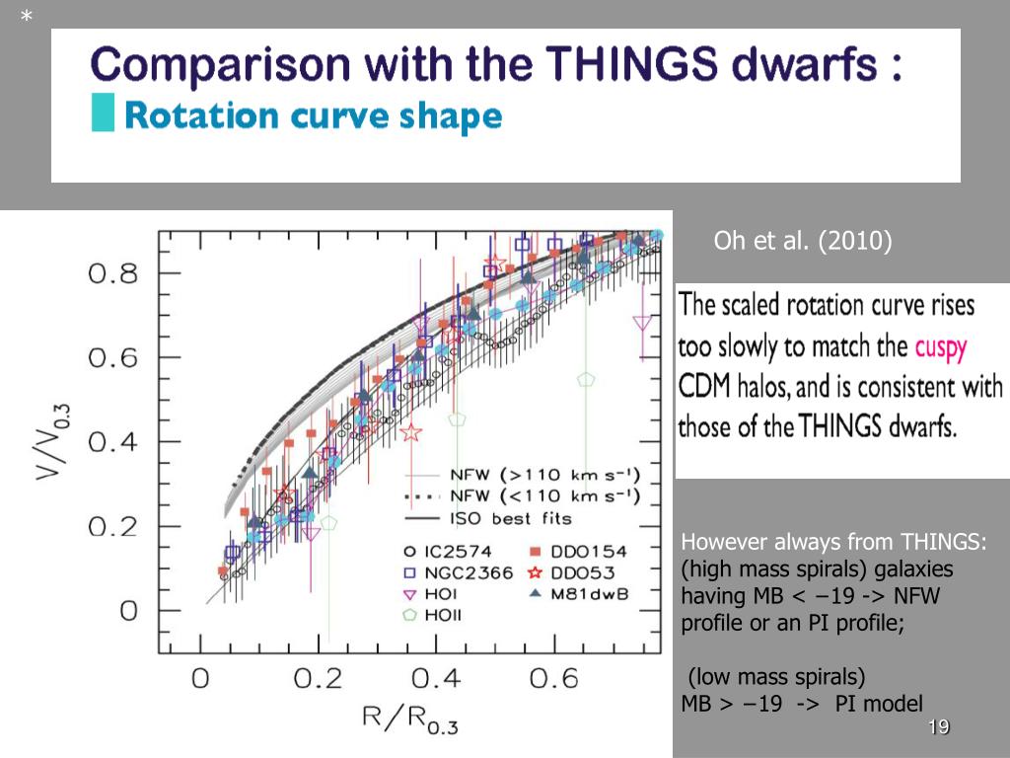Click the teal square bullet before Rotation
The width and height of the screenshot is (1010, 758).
102,114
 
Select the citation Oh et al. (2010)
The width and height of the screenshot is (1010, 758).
802,242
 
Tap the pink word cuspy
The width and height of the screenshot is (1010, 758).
941,348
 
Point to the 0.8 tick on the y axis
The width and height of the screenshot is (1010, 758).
113,272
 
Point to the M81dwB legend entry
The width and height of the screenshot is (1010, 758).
580,593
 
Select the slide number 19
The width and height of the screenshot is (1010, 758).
938,728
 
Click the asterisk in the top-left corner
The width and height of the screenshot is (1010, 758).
27,17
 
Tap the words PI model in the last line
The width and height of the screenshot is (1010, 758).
879,703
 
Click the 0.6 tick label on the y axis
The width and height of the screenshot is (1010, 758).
113,357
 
